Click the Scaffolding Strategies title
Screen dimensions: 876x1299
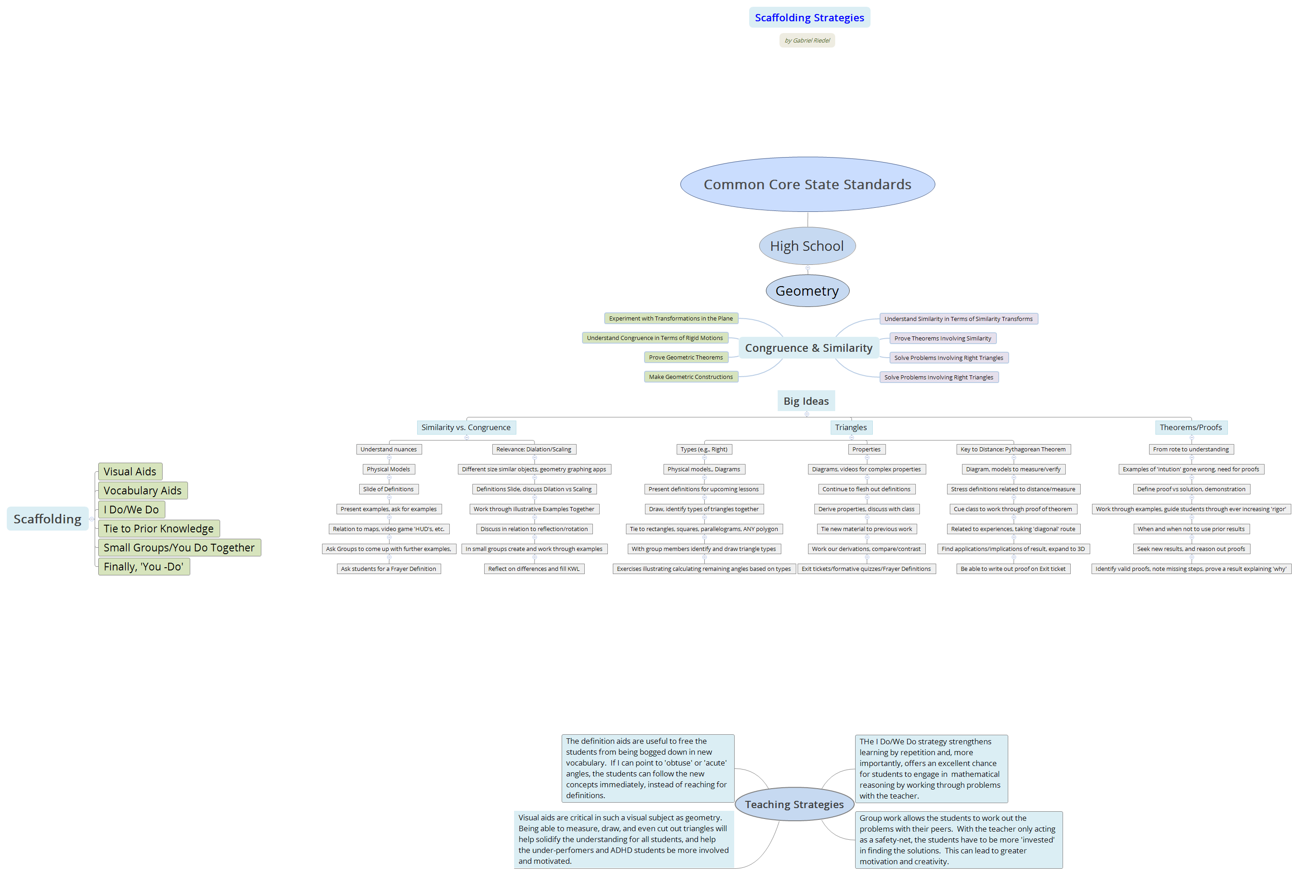(809, 17)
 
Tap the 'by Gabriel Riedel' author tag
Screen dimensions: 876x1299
(807, 40)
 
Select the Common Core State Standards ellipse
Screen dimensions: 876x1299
(807, 184)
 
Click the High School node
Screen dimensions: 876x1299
(807, 246)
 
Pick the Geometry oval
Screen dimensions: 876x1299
(807, 291)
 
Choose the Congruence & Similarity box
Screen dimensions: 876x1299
(808, 348)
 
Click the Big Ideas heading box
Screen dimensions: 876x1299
(805, 401)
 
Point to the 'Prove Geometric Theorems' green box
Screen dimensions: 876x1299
(685, 358)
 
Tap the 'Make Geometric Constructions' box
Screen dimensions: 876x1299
(690, 377)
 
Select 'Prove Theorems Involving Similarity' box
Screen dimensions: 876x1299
(943, 339)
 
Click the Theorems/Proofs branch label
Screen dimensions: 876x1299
(1190, 427)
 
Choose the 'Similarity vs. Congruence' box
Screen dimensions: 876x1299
(466, 427)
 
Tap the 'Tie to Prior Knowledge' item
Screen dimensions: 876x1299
(159, 528)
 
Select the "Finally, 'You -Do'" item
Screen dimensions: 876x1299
(144, 566)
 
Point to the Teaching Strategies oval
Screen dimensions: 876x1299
(794, 804)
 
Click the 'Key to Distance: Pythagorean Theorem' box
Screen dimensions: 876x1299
(1012, 449)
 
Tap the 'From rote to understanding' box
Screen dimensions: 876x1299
(1190, 449)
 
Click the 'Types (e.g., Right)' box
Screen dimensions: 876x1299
(704, 449)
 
